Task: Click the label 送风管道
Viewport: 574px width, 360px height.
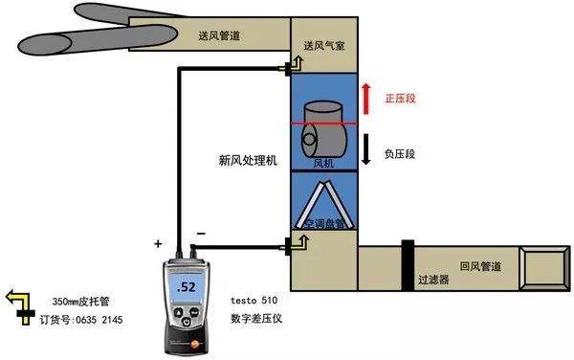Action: click(x=220, y=35)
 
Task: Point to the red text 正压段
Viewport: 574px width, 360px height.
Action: click(x=401, y=99)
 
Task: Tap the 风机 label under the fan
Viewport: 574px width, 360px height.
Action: click(x=324, y=164)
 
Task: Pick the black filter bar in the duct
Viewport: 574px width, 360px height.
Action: click(x=408, y=257)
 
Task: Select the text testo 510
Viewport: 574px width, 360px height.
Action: click(x=254, y=300)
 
